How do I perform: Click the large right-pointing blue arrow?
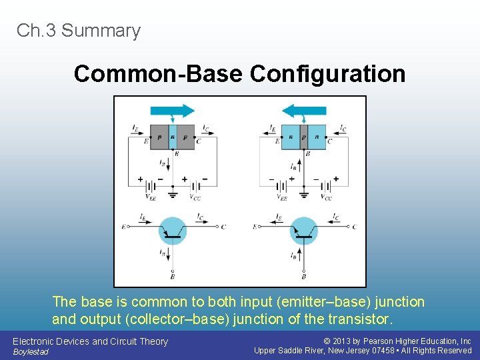pos(172,111)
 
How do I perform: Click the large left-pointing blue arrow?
pos(304,111)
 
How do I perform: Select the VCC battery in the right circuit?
pos(321,180)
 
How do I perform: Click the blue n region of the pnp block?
pos(173,137)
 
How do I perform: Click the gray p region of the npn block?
pos(304,137)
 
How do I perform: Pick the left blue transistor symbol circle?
pos(173,231)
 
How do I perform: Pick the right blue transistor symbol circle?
pos(304,231)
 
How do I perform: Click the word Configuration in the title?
pos(327,74)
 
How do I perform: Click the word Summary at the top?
pos(101,31)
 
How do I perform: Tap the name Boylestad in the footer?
pos(31,352)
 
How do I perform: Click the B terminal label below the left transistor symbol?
pos(173,275)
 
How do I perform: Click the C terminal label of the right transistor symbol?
pos(354,227)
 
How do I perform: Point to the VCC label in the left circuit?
pos(195,198)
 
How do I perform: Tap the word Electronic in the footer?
pos(33,341)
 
